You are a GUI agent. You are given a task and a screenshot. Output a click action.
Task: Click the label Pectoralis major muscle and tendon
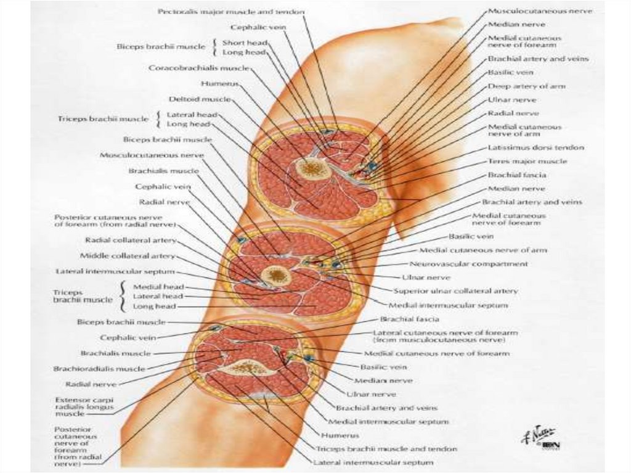[x=230, y=12]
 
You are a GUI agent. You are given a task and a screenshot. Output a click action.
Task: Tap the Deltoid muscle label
[x=195, y=99]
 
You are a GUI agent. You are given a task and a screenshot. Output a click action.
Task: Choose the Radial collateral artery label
[x=131, y=240]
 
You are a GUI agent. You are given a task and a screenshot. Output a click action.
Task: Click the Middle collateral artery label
[x=128, y=255]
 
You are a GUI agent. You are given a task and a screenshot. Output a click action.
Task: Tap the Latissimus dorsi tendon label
[x=536, y=148]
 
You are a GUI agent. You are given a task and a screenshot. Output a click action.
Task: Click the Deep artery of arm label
[x=526, y=86]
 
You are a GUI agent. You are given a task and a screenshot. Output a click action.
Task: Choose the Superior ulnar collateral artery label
[x=456, y=290]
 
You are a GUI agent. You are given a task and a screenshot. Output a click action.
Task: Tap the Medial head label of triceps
[x=155, y=287]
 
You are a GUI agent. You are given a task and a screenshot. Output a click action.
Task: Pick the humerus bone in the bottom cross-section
[x=249, y=368]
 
